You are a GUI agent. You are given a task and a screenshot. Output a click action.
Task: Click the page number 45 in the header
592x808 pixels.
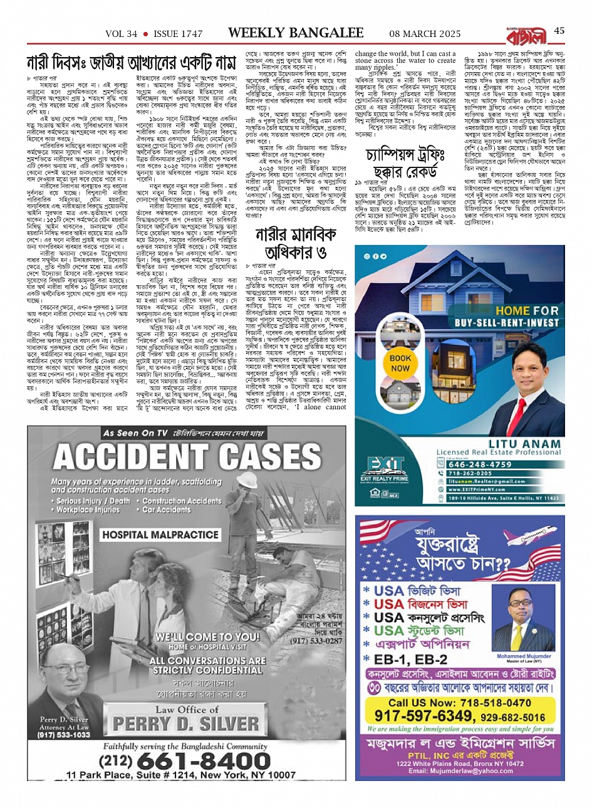[559, 31]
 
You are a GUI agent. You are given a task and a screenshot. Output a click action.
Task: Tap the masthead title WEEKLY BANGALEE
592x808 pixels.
[296, 32]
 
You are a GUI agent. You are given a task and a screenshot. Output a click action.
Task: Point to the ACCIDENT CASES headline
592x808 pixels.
[188, 457]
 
